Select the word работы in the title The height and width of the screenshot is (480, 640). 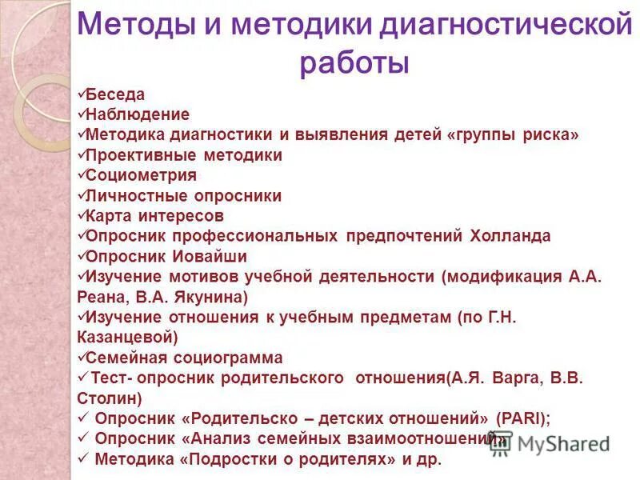coord(354,63)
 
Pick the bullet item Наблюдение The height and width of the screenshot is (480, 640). coord(137,114)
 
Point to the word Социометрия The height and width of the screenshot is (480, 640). coord(140,175)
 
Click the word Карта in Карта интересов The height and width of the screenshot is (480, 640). coord(110,216)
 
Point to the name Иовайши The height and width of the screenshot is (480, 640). coord(209,257)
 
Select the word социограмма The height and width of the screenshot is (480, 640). coord(230,358)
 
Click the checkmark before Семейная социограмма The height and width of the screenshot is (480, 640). coord(82,357)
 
